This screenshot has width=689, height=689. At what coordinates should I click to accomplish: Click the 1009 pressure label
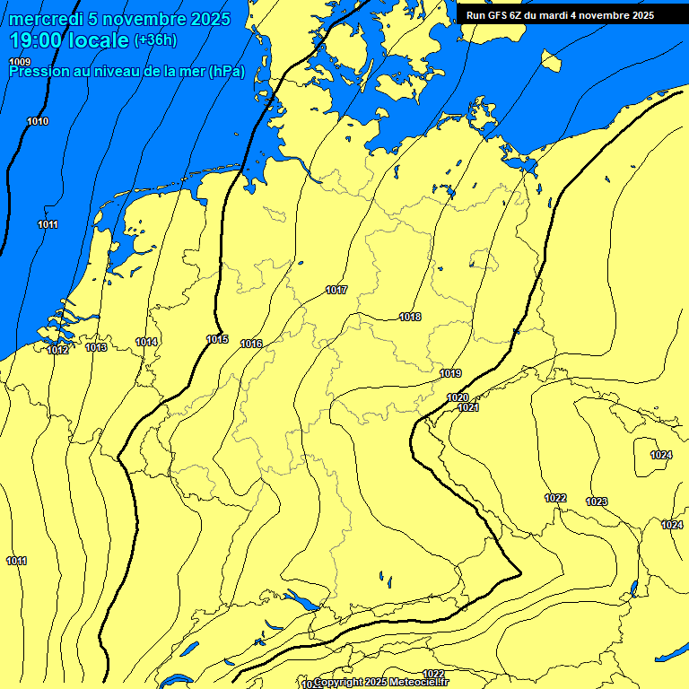coord(20,61)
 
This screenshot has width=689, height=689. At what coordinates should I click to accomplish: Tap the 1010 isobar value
coord(38,121)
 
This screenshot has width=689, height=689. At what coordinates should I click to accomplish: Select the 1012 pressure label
coord(58,350)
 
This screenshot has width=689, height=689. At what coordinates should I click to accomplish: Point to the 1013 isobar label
coord(97,347)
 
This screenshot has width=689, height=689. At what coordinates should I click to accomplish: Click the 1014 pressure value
coord(147,342)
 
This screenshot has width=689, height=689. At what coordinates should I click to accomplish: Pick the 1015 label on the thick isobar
coord(217,339)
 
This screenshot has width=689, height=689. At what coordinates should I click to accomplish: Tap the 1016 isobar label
coord(251,344)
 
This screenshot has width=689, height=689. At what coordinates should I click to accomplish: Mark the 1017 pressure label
coord(336,290)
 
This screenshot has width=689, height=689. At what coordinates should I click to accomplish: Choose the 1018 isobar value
coord(410,317)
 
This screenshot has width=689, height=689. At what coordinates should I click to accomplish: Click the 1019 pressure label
coord(450,373)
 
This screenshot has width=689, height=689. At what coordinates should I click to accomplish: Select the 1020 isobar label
coord(458,397)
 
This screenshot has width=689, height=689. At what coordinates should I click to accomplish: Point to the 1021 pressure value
coord(467,407)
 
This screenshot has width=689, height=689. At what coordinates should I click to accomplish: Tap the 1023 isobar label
coord(597,501)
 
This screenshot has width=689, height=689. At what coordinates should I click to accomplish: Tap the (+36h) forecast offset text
coord(156,41)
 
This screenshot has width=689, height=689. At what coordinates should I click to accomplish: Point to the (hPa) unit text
coord(226,72)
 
